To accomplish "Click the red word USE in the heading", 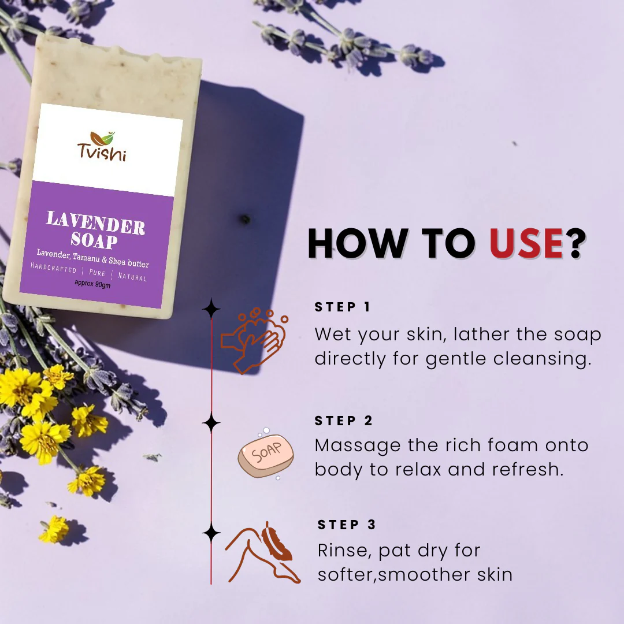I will (x=526, y=243).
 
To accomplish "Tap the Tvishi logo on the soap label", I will (x=102, y=147).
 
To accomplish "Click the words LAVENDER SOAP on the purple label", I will (x=95, y=229).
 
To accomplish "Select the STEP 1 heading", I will (x=343, y=307).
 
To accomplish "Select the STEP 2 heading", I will (x=344, y=421).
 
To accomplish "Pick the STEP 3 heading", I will (x=347, y=525).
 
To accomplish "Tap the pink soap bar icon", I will (x=266, y=455).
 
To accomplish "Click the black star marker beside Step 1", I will (x=211, y=310).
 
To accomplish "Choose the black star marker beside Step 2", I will (x=211, y=423).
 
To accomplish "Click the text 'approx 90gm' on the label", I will (x=92, y=284).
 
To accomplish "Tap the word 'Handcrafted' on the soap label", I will (x=53, y=269).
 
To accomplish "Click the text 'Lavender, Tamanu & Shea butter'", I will (x=92, y=258).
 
